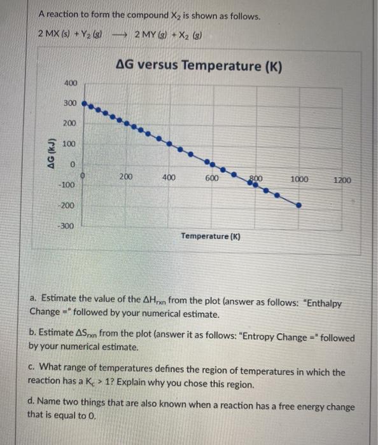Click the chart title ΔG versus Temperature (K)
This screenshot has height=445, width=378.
tap(200, 65)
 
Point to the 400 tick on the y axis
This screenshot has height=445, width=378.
tap(71, 84)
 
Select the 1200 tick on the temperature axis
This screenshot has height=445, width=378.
tap(342, 181)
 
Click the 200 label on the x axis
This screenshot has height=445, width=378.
tap(127, 177)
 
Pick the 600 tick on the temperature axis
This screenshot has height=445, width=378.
tap(212, 178)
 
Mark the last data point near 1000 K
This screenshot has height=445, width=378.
tap(298, 205)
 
